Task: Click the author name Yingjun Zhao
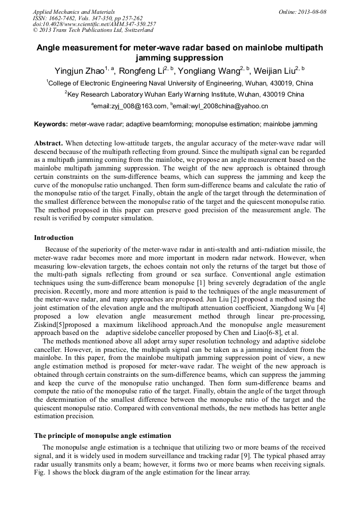(x=79, y=71)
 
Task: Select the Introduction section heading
(x=54, y=237)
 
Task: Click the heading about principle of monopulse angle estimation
(x=102, y=435)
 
